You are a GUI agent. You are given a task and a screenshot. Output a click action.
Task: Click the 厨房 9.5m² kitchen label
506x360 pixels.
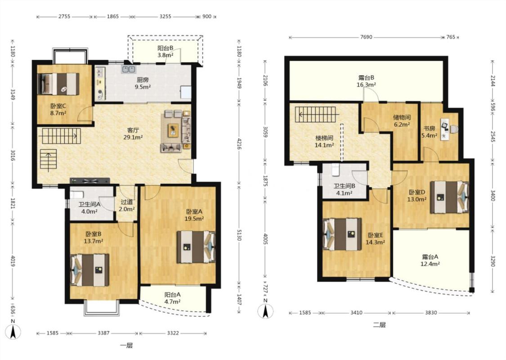click(x=142, y=83)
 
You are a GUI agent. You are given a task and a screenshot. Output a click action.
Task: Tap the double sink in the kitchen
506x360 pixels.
click(x=129, y=69)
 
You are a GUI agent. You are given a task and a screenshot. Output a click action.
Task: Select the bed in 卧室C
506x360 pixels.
click(x=58, y=84)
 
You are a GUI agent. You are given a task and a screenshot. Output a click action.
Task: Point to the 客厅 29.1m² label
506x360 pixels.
click(x=133, y=133)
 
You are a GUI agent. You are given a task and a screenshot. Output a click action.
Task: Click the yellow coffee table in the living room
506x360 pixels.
click(x=173, y=130)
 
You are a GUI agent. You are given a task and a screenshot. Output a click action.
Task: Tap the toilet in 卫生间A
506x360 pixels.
click(x=77, y=195)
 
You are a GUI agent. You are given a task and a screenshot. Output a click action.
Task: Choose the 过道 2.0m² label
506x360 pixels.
click(x=127, y=205)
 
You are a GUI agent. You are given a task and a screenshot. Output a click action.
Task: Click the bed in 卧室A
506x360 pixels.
click(x=196, y=247)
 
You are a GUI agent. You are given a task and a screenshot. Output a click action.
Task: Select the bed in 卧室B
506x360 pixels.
click(x=90, y=270)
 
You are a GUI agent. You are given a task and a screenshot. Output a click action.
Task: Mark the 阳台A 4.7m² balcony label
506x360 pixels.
click(x=172, y=298)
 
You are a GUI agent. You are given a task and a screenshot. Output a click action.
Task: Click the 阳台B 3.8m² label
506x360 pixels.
click(x=166, y=51)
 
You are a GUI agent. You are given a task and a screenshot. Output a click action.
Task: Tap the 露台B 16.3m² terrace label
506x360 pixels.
click(x=366, y=81)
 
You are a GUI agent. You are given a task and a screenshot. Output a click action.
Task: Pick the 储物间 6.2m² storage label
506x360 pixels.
click(x=402, y=121)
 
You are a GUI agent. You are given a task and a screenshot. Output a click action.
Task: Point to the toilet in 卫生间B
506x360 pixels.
click(x=336, y=170)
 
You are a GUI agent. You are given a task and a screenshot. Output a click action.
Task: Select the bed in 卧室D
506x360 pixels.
click(x=449, y=197)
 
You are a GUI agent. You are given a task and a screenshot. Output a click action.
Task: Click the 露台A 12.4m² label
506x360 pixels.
click(x=430, y=260)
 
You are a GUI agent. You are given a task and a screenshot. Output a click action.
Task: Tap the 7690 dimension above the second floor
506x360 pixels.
click(x=366, y=37)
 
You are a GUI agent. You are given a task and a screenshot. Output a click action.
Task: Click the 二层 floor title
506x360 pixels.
click(x=379, y=325)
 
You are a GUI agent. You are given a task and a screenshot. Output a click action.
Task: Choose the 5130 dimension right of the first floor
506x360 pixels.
click(x=239, y=234)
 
